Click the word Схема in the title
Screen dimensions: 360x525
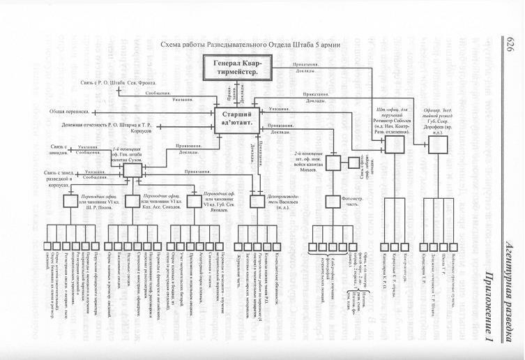pyautogui.click(x=172, y=45)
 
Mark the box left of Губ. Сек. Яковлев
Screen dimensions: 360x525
pyautogui.click(x=195, y=201)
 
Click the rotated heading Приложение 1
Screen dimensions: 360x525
pyautogui.click(x=508, y=294)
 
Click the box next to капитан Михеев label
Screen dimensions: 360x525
pyautogui.click(x=335, y=163)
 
